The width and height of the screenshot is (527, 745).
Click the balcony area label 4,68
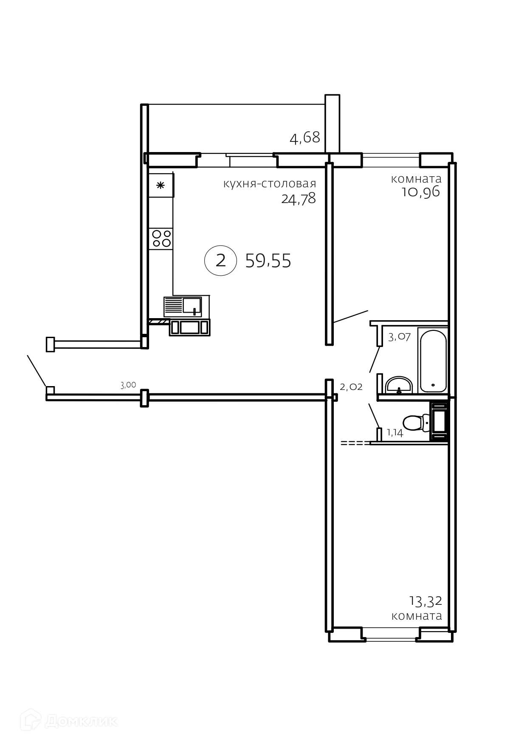[x=304, y=138]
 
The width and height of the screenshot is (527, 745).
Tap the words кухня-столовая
[x=270, y=183]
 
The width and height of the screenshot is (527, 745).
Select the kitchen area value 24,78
[x=299, y=198]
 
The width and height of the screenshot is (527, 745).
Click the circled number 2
[x=220, y=260]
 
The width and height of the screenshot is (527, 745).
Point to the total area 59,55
[x=268, y=261]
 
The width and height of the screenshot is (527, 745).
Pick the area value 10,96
[x=421, y=192]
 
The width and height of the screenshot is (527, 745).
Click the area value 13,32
[x=426, y=601]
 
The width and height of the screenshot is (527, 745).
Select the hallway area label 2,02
[x=351, y=387]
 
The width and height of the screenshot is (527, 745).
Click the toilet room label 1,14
[x=395, y=433]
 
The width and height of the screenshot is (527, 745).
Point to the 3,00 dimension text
[x=128, y=385]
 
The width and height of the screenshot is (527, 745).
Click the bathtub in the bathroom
[x=433, y=361]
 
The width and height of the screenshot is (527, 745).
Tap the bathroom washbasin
[x=399, y=385]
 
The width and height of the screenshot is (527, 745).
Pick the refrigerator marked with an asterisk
[x=161, y=185]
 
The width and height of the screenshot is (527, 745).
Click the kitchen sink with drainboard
[x=183, y=307]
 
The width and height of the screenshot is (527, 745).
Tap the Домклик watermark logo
[x=70, y=720]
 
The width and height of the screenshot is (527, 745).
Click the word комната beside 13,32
[x=417, y=616]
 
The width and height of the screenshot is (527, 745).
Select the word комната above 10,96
[x=416, y=179]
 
